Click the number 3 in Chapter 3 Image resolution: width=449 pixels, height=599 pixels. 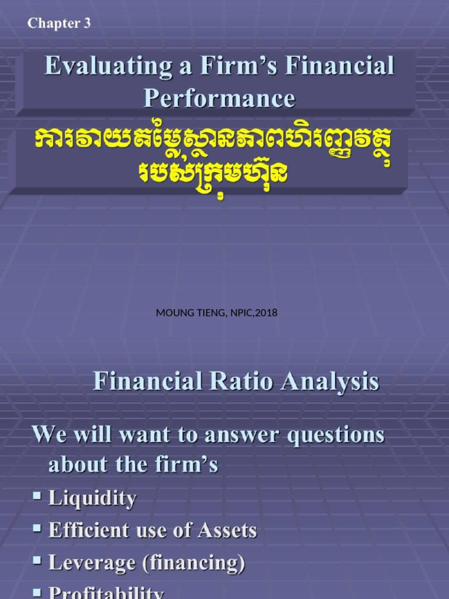[87, 23]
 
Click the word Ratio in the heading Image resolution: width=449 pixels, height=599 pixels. [244, 382]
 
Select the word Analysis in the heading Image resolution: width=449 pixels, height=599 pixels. [329, 382]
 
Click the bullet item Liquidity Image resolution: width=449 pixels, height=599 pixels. [92, 498]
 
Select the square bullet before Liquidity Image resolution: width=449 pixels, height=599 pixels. [37, 496]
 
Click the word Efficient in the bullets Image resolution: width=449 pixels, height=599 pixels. [89, 531]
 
